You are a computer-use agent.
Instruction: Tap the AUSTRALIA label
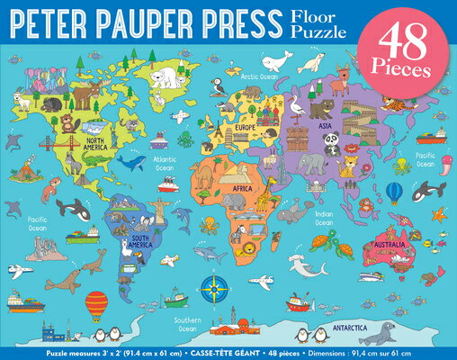(392, 245)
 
